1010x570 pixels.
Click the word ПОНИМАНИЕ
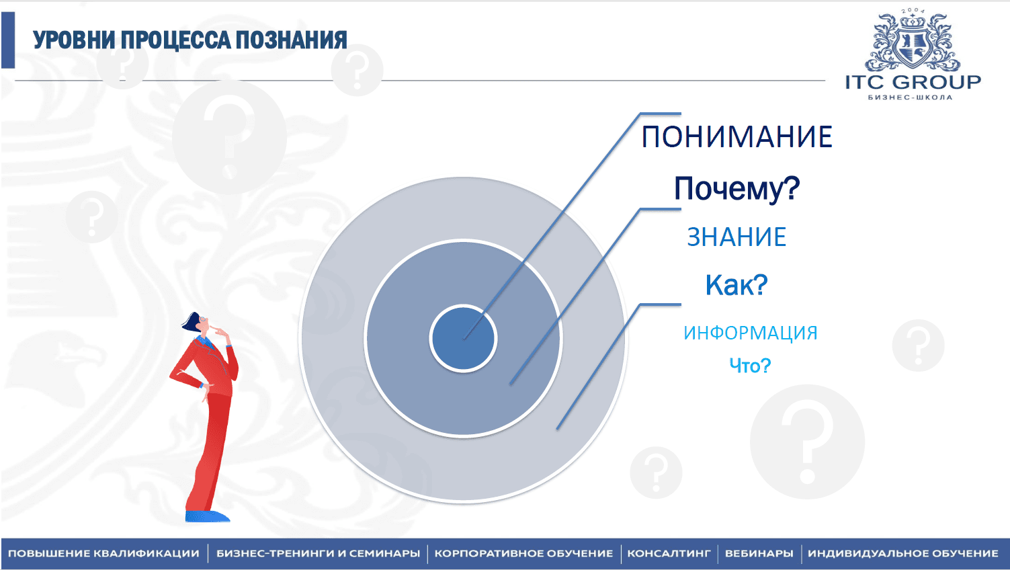point(737,136)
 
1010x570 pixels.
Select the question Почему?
point(737,188)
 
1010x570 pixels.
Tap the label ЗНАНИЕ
point(737,237)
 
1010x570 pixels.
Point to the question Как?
point(737,284)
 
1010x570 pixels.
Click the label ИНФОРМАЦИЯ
point(751,333)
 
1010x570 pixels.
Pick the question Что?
point(751,365)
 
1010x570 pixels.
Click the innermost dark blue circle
point(464,338)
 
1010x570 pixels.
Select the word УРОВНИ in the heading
point(75,40)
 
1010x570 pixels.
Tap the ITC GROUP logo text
point(913,83)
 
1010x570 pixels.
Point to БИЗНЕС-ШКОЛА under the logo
point(911,97)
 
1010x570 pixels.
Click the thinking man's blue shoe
point(208,516)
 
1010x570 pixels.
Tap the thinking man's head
point(197,323)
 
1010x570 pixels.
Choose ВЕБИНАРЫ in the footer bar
point(759,553)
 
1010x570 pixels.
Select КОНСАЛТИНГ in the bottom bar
point(669,553)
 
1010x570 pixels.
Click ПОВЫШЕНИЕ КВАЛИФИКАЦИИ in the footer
point(103,553)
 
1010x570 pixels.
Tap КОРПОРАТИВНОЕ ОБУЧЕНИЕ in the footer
point(524,553)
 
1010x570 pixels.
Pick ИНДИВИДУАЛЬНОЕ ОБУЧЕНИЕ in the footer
point(903,553)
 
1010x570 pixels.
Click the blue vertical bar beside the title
point(8,40)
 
